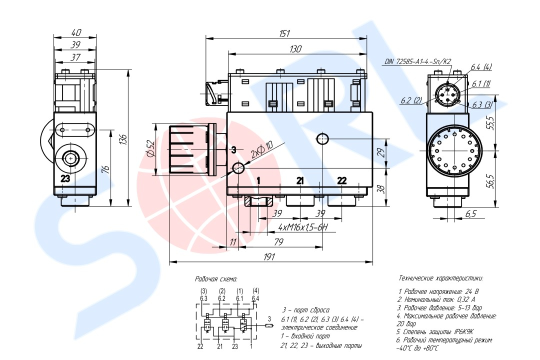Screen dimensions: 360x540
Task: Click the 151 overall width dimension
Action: (x=284, y=33)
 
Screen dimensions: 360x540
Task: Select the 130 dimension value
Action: (x=295, y=49)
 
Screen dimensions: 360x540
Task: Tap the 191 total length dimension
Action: (x=269, y=256)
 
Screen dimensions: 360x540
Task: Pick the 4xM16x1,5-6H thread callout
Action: (x=302, y=227)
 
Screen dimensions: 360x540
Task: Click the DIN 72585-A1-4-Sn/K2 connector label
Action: (x=418, y=61)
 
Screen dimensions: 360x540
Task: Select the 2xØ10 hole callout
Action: (x=262, y=149)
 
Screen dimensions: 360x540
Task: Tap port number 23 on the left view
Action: (x=65, y=178)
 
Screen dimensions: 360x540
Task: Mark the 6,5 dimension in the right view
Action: (x=470, y=213)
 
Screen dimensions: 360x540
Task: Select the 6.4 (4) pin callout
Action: (x=481, y=67)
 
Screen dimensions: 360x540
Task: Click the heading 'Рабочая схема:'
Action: (x=216, y=278)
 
